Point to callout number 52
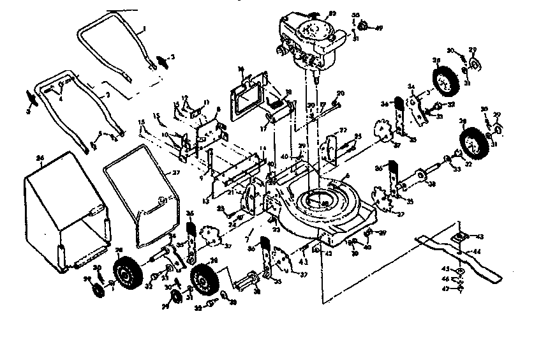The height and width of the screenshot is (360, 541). tap(332, 13)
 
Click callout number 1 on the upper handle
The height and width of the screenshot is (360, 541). tap(144, 28)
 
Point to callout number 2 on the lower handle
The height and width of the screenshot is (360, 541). tap(108, 94)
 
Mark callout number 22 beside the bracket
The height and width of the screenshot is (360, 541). tap(343, 130)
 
